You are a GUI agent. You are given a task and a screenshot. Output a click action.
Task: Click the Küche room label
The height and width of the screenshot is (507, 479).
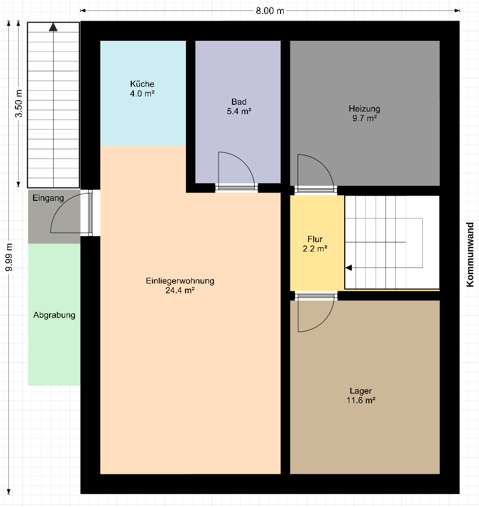pyautogui.click(x=142, y=89)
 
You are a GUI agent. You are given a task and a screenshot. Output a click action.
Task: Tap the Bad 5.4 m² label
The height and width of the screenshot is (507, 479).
pyautogui.click(x=239, y=106)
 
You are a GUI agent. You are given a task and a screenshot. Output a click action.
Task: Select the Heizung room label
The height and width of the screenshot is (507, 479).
pyautogui.click(x=364, y=114)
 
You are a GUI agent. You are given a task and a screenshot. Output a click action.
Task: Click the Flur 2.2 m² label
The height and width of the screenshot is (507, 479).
pyautogui.click(x=315, y=244)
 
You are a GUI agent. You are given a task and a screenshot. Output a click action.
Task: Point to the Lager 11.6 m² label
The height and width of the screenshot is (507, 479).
pyautogui.click(x=361, y=395)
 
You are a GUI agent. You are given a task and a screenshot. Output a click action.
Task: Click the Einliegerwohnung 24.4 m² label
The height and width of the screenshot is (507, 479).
pyautogui.click(x=180, y=286)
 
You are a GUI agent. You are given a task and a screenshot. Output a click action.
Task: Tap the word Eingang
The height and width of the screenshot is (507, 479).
pyautogui.click(x=48, y=198)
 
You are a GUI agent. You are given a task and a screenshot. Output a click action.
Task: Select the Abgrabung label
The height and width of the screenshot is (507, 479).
pyautogui.click(x=54, y=315)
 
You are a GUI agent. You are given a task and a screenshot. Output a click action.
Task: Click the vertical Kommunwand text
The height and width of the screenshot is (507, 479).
pyautogui.click(x=470, y=255)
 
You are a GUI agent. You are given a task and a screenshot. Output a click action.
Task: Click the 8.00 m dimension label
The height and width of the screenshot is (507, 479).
pyautogui.click(x=270, y=11)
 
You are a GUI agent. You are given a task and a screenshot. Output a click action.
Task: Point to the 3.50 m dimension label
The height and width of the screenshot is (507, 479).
pyautogui.click(x=19, y=103)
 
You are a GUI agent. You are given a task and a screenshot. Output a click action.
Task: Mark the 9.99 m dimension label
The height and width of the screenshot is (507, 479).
pyautogui.click(x=9, y=258)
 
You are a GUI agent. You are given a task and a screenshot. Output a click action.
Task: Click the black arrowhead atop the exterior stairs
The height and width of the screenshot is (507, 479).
pyautogui.click(x=53, y=27)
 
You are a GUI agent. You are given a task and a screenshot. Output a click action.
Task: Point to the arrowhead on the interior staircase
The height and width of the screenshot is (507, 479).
pyautogui.click(x=349, y=268)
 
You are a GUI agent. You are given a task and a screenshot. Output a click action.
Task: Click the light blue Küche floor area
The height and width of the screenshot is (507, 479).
pyautogui.click(x=143, y=93)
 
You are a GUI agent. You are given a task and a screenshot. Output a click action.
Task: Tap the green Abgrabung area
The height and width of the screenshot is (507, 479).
pyautogui.click(x=54, y=314)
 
